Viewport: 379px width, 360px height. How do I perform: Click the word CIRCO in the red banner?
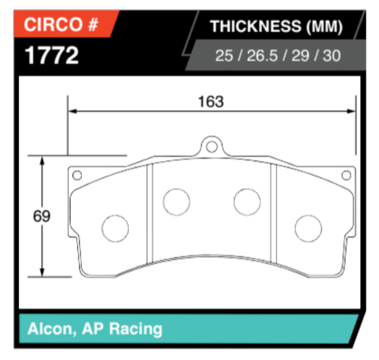[x=53, y=26]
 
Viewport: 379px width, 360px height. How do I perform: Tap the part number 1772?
[x=51, y=56]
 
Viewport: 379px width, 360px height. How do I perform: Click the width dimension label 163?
[x=210, y=101]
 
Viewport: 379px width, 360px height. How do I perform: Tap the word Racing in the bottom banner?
[x=135, y=328]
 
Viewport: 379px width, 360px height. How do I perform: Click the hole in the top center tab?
[x=211, y=148]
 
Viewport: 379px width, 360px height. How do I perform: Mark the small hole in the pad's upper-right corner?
[x=347, y=175]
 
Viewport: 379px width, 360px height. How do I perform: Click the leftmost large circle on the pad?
[x=114, y=229]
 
